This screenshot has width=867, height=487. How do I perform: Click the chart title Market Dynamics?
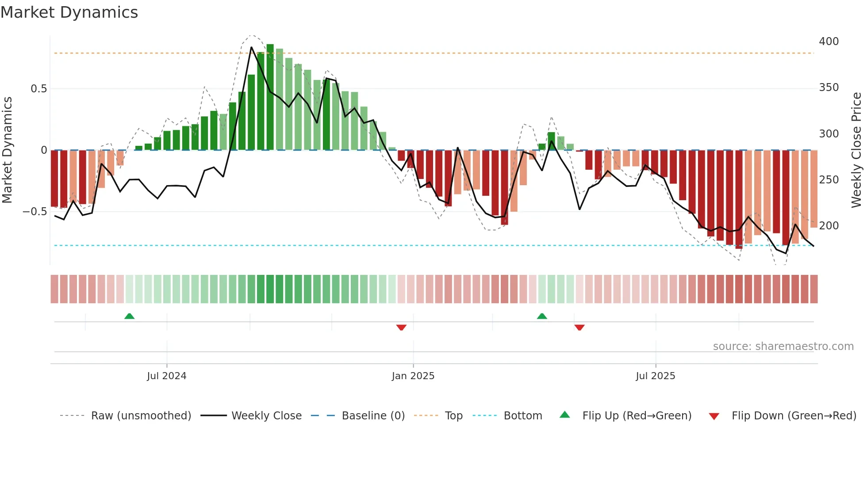click(x=69, y=12)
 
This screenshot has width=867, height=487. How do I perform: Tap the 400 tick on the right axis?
click(x=829, y=42)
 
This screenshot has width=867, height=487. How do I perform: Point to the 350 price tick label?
click(x=829, y=88)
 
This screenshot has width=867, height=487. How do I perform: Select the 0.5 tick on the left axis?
click(x=38, y=89)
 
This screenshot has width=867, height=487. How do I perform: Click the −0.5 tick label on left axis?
click(x=35, y=212)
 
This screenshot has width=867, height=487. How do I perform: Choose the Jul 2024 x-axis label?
click(x=166, y=376)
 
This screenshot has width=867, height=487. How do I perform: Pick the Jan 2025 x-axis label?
click(x=413, y=376)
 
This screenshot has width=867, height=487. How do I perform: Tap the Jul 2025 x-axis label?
click(x=655, y=376)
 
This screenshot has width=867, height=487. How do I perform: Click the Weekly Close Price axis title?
click(x=856, y=150)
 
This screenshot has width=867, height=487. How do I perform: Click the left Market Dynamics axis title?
click(x=7, y=150)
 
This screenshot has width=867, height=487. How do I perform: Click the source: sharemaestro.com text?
click(x=783, y=346)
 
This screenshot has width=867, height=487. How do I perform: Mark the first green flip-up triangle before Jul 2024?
click(x=129, y=316)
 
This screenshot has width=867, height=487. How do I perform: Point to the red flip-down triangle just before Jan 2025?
click(x=401, y=327)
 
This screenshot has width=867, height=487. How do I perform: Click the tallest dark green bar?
click(x=270, y=97)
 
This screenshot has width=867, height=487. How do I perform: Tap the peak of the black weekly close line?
click(x=251, y=47)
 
